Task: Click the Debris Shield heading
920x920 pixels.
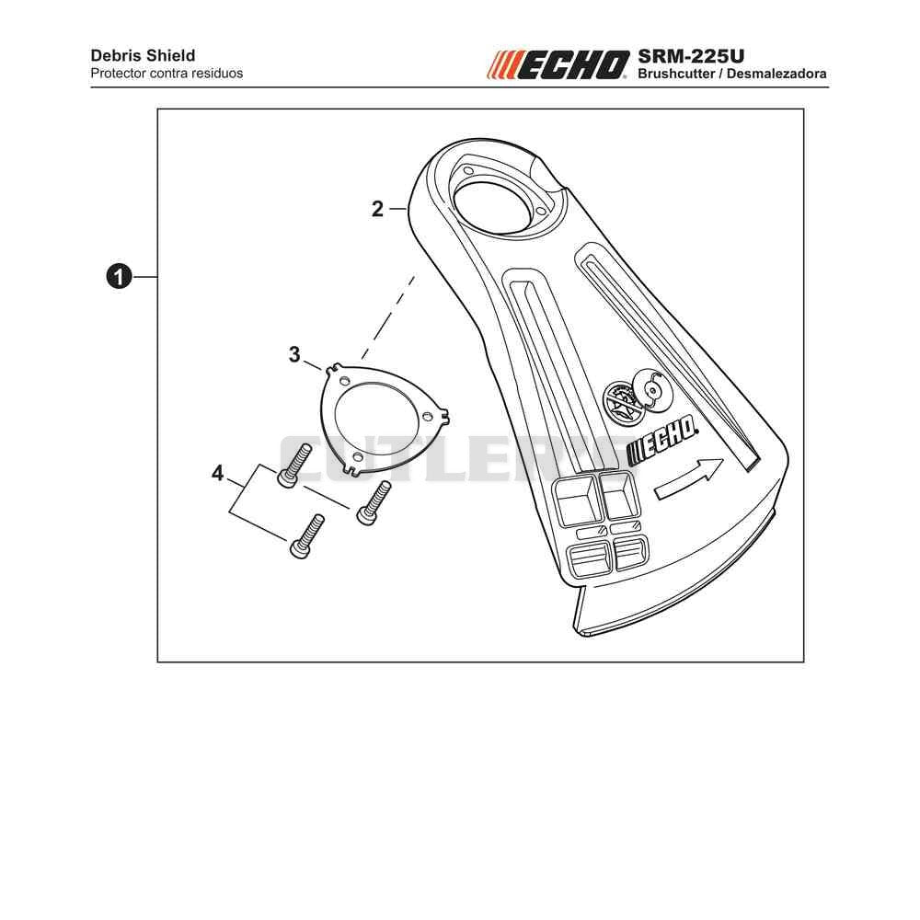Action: click(143, 56)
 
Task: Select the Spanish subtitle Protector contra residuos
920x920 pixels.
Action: click(167, 74)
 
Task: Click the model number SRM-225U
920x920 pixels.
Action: click(691, 56)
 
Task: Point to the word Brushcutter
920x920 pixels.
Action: click(676, 74)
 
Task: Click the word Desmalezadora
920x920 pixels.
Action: click(776, 74)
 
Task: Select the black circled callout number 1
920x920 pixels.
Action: click(119, 276)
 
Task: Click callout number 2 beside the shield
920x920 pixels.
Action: click(377, 209)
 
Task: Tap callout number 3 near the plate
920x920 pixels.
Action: click(294, 354)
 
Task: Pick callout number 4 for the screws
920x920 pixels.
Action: click(217, 473)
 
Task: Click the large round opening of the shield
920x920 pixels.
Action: click(489, 208)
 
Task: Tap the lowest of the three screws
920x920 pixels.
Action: click(307, 536)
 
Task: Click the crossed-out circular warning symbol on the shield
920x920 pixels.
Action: click(623, 403)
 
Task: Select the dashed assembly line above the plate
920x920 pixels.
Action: click(388, 316)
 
